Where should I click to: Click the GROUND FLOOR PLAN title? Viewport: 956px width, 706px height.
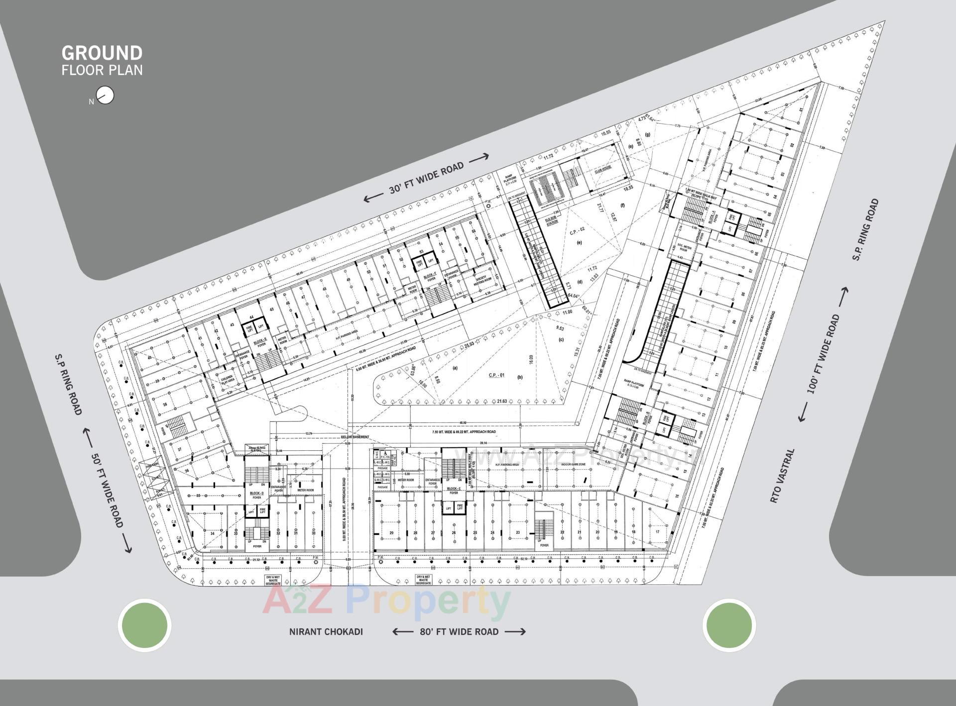pos(102,60)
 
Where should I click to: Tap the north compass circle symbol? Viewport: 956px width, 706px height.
pos(107,95)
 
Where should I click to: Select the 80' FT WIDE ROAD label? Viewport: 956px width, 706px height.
pos(459,631)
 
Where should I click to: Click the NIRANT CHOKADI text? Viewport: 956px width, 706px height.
pos(326,632)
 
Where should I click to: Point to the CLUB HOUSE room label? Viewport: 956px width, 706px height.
pos(603,171)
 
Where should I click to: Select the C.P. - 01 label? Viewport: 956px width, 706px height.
pos(496,375)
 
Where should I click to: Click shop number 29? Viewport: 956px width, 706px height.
pos(391,533)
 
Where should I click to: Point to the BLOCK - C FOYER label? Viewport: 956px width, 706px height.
pos(453,491)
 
